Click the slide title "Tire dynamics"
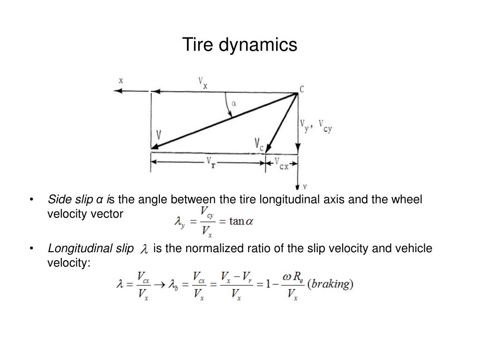(x=240, y=45)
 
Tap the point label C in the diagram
(x=301, y=88)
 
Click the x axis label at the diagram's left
(x=121, y=80)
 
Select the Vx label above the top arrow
(x=203, y=83)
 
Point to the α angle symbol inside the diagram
(x=233, y=104)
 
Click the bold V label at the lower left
(x=159, y=135)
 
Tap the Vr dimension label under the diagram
(x=212, y=163)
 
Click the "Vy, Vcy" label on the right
(x=316, y=126)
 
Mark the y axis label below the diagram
(x=304, y=186)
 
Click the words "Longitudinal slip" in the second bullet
(x=90, y=248)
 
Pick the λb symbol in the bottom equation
(x=174, y=285)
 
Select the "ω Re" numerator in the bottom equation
(x=292, y=277)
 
